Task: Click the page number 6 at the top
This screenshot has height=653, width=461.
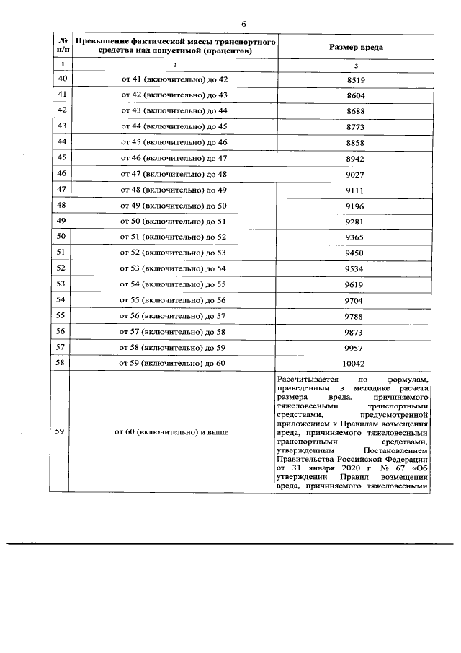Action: (243, 24)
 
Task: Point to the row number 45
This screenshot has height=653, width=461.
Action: (61, 158)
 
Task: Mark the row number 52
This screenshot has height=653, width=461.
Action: (61, 268)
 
